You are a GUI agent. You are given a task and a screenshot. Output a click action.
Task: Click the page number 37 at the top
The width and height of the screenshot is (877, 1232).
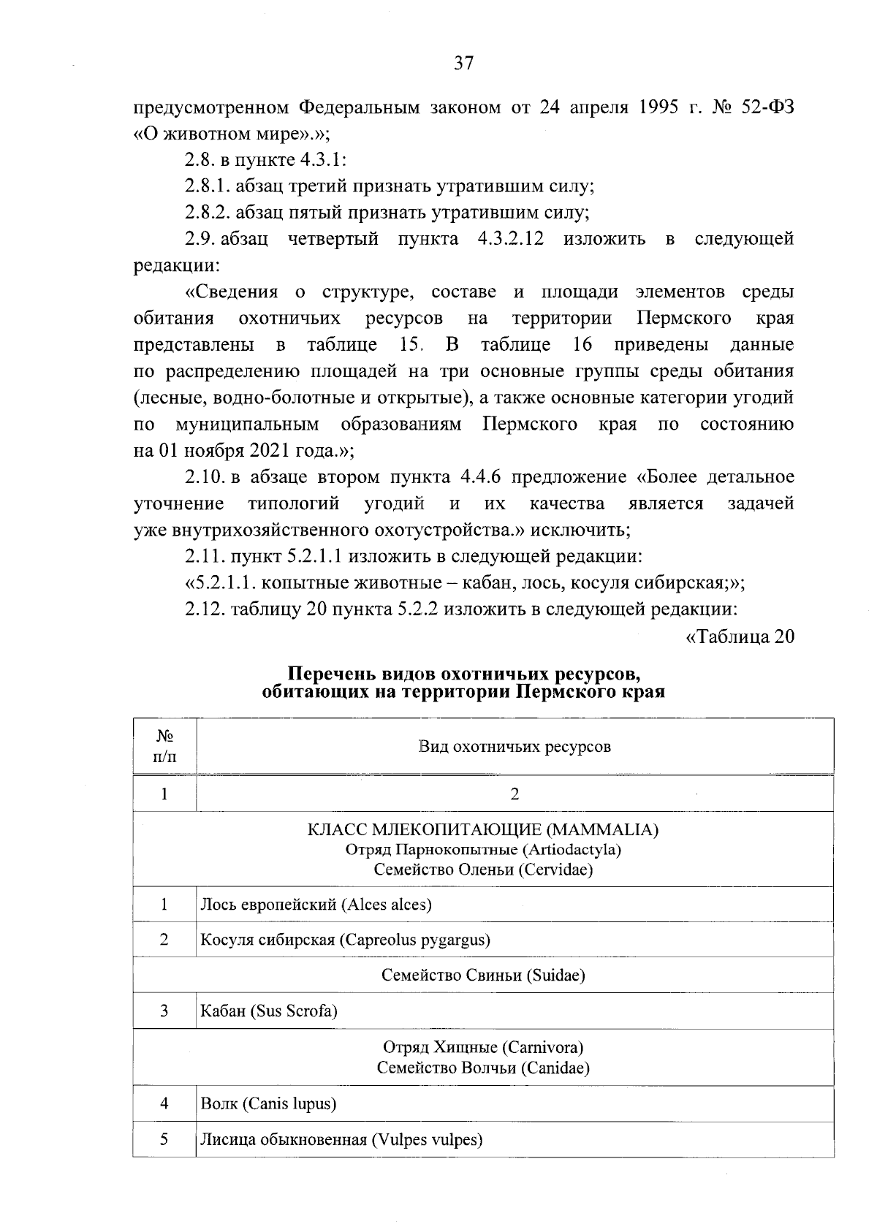[x=464, y=64]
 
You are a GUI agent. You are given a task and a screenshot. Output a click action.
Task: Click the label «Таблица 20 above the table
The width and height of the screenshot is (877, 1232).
[x=740, y=636]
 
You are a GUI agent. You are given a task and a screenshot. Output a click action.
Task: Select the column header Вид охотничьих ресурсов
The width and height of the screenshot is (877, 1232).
[x=515, y=746]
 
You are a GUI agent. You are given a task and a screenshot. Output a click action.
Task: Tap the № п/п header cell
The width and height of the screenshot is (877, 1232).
[x=164, y=746]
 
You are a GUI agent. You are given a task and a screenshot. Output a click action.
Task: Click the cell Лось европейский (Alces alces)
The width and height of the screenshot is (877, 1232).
[x=316, y=905]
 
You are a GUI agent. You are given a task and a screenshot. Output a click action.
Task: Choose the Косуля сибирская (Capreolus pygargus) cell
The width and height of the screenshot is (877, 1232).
[x=345, y=940]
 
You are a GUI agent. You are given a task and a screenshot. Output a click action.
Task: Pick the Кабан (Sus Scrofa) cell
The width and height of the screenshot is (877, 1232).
[x=269, y=1011]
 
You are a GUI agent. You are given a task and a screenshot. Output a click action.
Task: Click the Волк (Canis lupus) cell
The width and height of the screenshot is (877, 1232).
[x=268, y=1103]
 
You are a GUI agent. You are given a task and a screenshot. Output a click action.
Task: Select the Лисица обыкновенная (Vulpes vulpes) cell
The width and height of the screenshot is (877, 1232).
[x=341, y=1139]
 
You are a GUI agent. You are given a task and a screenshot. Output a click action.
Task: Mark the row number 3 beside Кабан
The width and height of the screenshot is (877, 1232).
[x=164, y=1011]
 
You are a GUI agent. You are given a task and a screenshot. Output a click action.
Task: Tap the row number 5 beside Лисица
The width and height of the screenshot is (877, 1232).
[x=164, y=1139]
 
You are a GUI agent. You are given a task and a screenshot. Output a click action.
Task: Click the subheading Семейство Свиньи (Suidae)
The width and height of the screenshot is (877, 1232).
[x=483, y=975]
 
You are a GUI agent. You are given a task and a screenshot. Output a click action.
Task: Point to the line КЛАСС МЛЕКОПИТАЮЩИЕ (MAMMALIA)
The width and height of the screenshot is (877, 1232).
[x=483, y=830]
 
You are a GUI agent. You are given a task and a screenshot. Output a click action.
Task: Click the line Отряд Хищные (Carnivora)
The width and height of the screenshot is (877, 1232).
[x=483, y=1048]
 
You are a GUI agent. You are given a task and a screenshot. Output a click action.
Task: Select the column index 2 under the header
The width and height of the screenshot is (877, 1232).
[x=515, y=794]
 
